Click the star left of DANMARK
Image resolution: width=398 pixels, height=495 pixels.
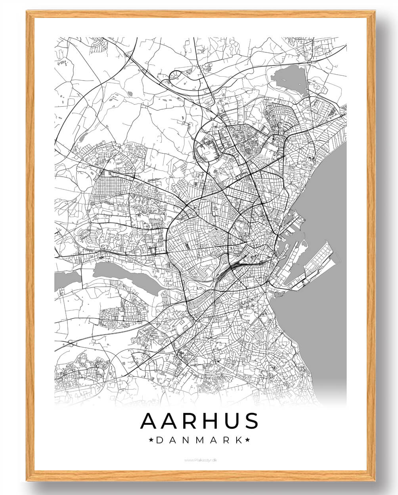pyautogui.click(x=151, y=440)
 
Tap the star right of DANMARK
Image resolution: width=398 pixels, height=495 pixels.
pyautogui.click(x=247, y=440)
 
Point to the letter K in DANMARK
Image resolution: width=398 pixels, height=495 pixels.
pyautogui.click(x=238, y=440)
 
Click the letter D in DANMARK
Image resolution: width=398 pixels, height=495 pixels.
pyautogui.click(x=159, y=440)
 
